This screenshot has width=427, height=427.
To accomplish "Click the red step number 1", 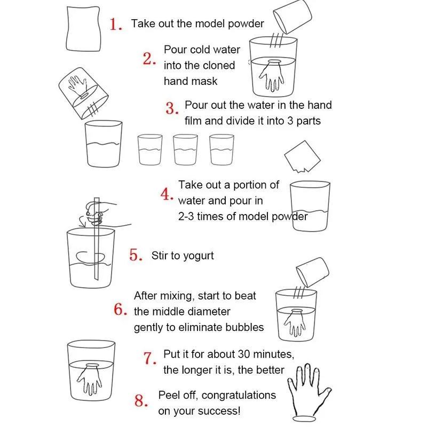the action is [x=116, y=25].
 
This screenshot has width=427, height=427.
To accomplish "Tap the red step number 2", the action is [x=149, y=59].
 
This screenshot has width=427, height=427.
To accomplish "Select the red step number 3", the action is [x=171, y=109].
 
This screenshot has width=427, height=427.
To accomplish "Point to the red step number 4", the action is [x=167, y=194].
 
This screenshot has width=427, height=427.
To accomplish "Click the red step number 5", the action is [x=136, y=255].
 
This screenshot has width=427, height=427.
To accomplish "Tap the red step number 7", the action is [x=150, y=358].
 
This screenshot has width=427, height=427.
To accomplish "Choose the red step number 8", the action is [x=140, y=401].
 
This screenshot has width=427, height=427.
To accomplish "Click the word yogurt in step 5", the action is [x=197, y=256].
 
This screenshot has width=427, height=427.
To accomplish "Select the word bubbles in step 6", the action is [x=246, y=327].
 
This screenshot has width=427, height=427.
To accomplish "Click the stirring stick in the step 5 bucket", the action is [x=97, y=240].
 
